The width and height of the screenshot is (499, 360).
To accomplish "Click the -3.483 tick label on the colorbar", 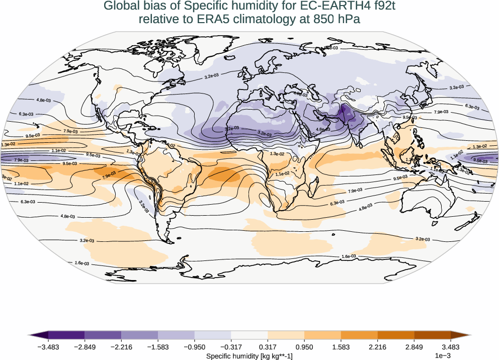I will [x=48, y=346].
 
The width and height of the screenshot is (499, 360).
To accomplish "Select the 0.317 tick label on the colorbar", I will [x=268, y=346].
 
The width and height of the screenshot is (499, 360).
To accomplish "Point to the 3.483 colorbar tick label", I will [x=451, y=346].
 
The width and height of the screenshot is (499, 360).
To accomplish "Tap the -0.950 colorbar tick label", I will [x=194, y=346].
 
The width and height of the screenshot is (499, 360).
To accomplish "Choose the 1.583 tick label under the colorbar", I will [x=341, y=346].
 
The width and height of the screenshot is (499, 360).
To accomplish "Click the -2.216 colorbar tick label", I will [x=121, y=346].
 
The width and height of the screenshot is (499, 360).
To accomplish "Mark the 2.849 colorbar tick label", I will [x=414, y=346].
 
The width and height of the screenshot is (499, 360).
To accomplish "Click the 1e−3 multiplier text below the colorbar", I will [x=442, y=356].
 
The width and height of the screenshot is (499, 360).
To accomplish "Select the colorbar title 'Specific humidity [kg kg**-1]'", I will [x=249, y=356].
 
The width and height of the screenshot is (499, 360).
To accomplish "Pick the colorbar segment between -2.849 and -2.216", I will [x=103, y=335].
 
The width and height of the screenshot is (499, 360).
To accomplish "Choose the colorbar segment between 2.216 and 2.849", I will [x=396, y=335].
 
